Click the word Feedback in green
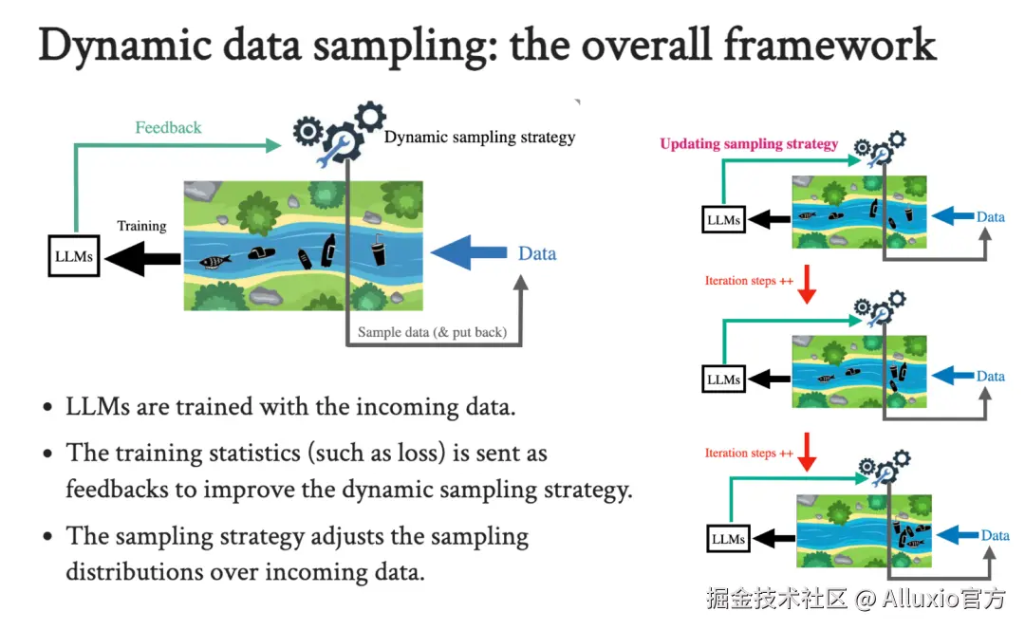pos(168,127)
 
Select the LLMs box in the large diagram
pos(74,256)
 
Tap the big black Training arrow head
pos(125,259)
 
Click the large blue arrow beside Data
pos(469,252)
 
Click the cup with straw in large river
pos(379,249)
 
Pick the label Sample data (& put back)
pos(432,332)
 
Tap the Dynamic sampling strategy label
pos(480,138)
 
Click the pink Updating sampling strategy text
pos(749,144)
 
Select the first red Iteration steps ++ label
pos(749,280)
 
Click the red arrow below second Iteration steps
pos(808,452)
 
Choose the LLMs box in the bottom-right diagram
pos(728,539)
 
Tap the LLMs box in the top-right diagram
pos(723,220)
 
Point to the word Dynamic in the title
pos(125,46)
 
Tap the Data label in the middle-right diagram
pos(990,377)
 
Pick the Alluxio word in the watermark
pos(921,598)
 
